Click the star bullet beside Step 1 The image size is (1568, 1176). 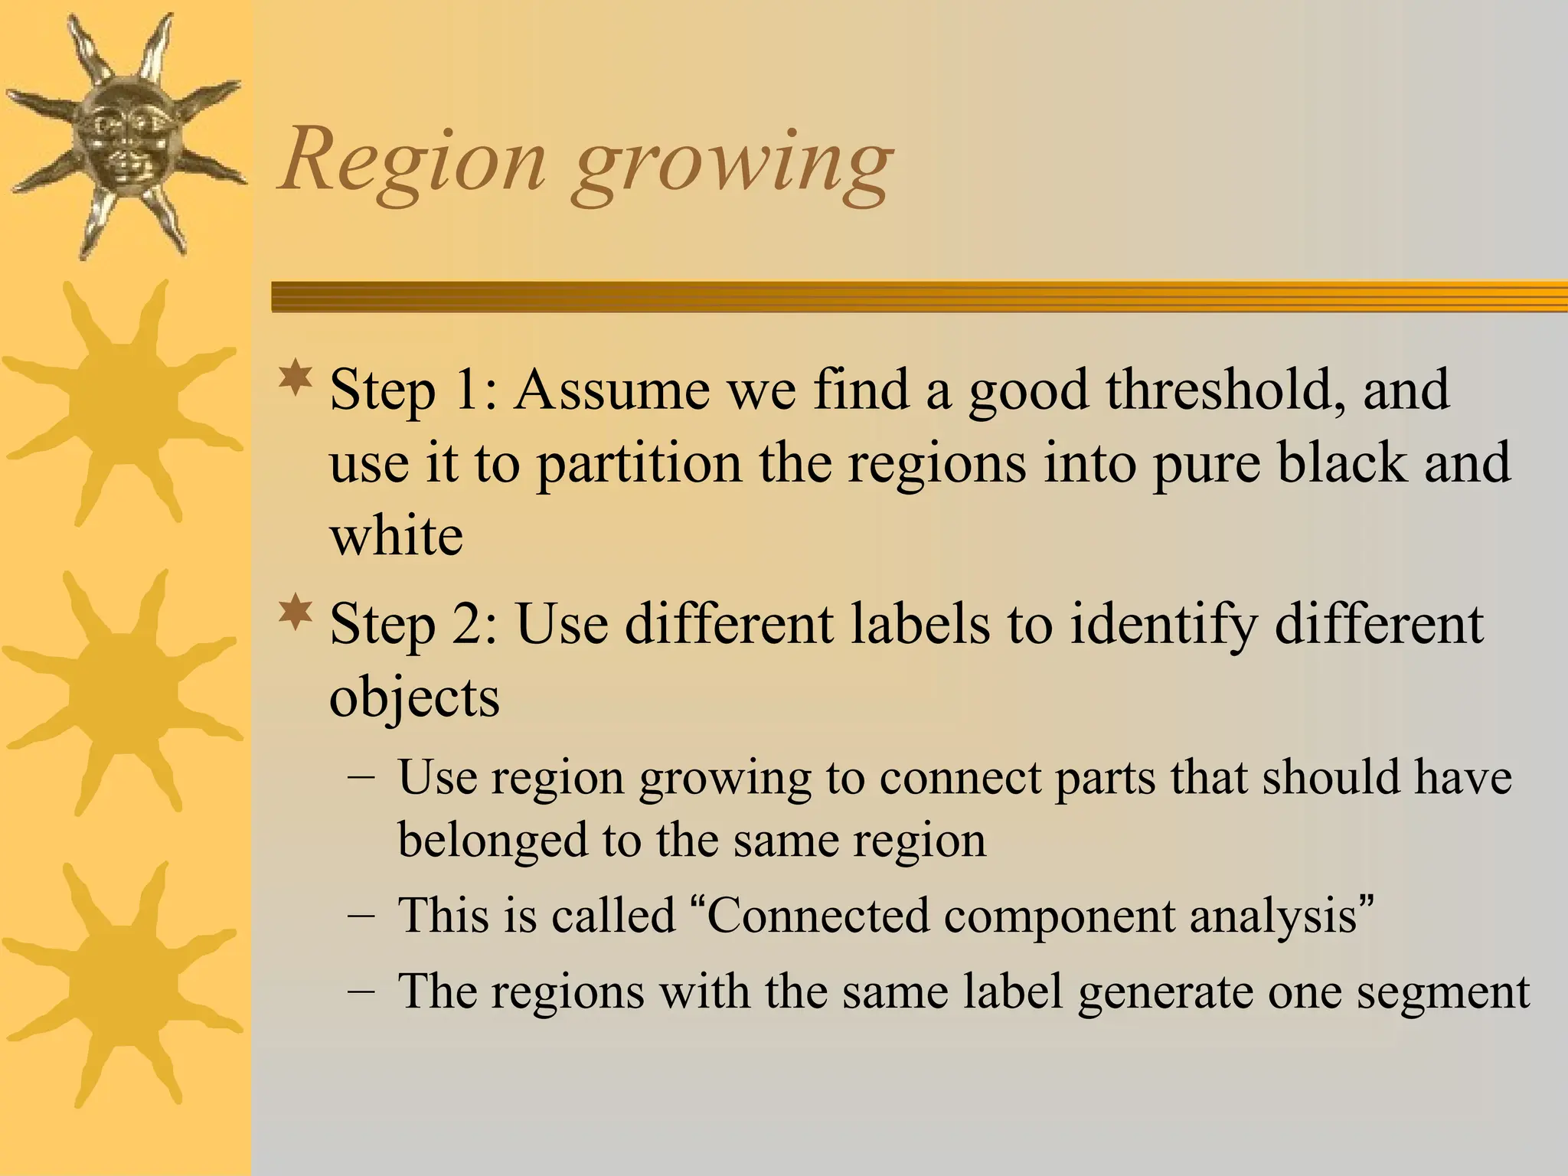pyautogui.click(x=296, y=380)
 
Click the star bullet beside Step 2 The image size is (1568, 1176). pyautogui.click(x=296, y=614)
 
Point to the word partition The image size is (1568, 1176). pyautogui.click(x=639, y=463)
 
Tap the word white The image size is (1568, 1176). pyautogui.click(x=396, y=535)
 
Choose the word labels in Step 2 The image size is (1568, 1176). pyautogui.click(x=920, y=623)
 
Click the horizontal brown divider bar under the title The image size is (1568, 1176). pyautogui.click(x=919, y=296)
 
